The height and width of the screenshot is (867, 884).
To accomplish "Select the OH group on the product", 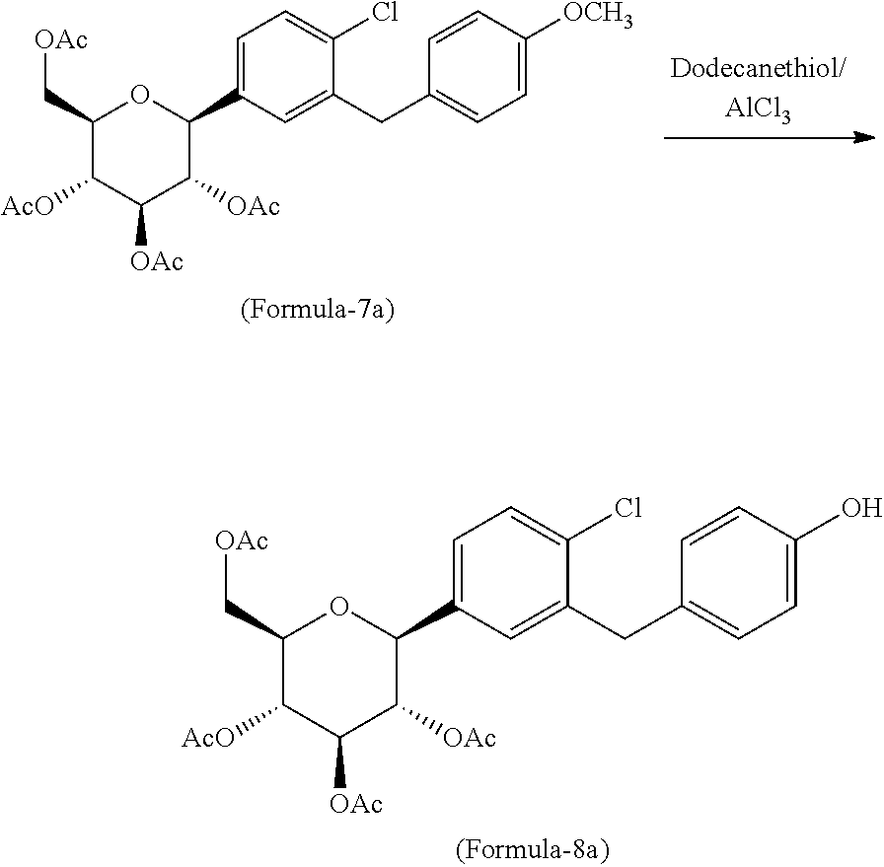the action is pyautogui.click(x=861, y=508).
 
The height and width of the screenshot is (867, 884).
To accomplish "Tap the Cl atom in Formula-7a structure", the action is pyautogui.click(x=385, y=12).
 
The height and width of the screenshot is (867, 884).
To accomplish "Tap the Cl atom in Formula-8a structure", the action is pyautogui.click(x=628, y=508).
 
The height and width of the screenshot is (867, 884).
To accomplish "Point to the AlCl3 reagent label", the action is pyautogui.click(x=758, y=108).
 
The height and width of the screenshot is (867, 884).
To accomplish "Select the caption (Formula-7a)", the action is pyautogui.click(x=318, y=310).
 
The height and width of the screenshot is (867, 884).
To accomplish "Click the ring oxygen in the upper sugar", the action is pyautogui.click(x=139, y=95).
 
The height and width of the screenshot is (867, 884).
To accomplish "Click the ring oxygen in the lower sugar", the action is pyautogui.click(x=338, y=608).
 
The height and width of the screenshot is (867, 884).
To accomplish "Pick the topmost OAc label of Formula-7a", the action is pyautogui.click(x=61, y=40).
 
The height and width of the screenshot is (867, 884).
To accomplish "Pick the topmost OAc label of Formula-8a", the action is pyautogui.click(x=242, y=541).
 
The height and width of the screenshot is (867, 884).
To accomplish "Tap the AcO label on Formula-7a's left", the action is pyautogui.click(x=27, y=206).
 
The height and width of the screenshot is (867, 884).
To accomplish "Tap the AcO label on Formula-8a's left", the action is pyautogui.click(x=207, y=738).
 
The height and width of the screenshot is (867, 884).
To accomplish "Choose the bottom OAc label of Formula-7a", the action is pyautogui.click(x=157, y=261).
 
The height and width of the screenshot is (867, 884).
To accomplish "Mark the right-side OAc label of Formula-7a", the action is pyautogui.click(x=254, y=206).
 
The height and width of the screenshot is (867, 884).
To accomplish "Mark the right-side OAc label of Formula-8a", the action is pyautogui.click(x=470, y=738).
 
